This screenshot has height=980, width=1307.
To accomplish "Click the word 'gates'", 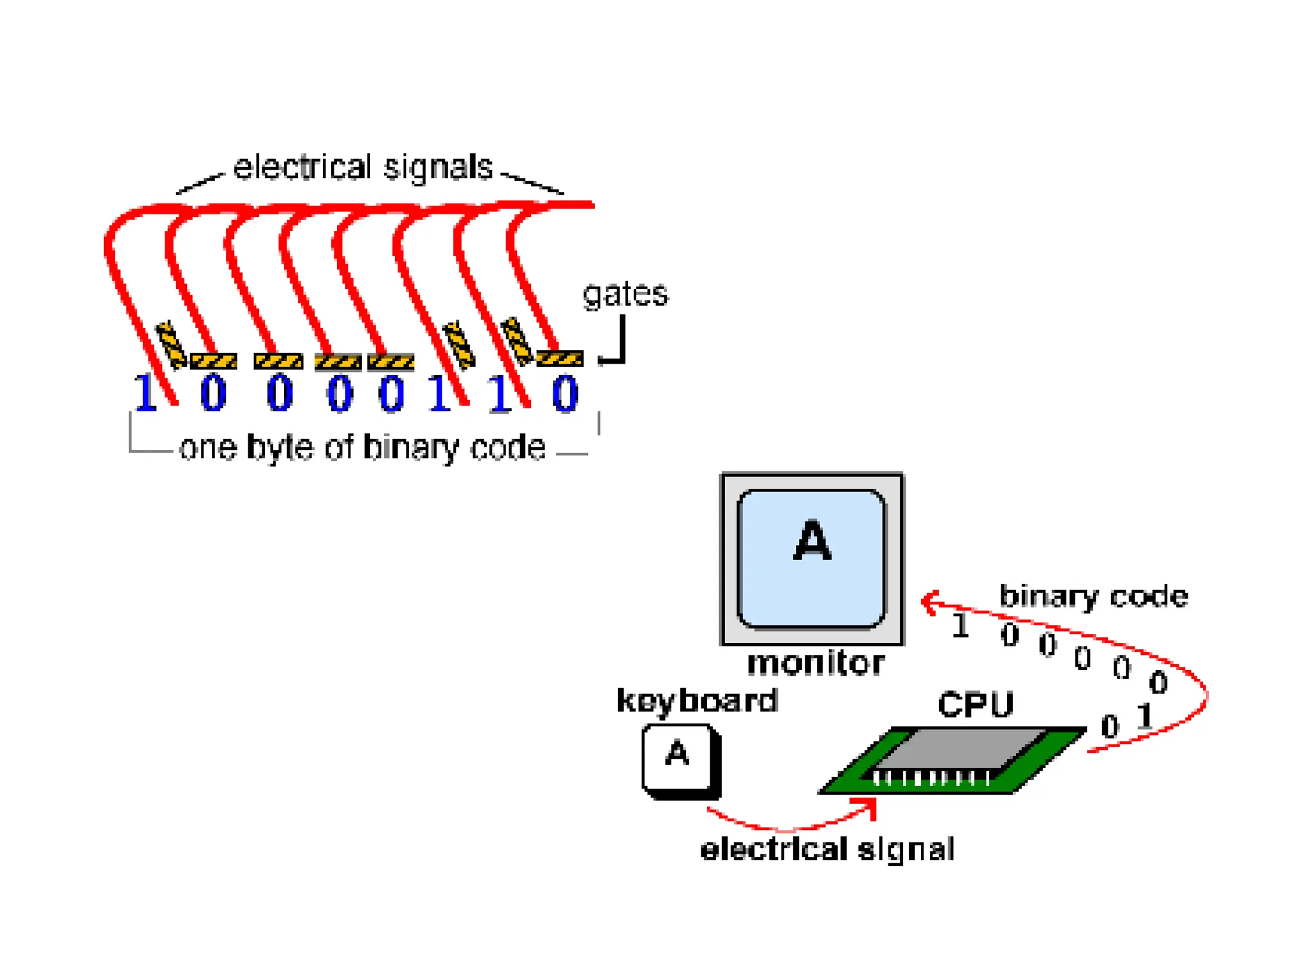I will click(x=625, y=295).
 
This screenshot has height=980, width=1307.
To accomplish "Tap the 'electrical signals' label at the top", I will click(x=362, y=168).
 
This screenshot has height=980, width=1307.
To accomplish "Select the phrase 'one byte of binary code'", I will click(x=362, y=447).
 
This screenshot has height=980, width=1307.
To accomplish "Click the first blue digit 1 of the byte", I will click(x=146, y=393).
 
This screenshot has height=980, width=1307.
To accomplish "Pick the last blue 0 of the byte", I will click(x=565, y=394).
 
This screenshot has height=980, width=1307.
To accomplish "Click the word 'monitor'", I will click(x=816, y=663).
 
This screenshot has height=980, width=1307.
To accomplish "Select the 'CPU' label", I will click(x=975, y=705).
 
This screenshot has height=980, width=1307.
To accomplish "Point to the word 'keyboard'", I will click(x=697, y=701).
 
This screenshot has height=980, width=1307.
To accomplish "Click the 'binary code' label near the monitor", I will click(x=1093, y=597).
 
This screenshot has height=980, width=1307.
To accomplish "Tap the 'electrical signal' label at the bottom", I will click(x=827, y=849).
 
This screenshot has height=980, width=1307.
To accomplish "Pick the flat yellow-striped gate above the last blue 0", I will click(x=560, y=359).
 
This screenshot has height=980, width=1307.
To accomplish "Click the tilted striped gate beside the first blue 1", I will click(x=171, y=345).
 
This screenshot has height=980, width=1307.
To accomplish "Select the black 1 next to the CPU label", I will click(x=1146, y=716).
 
